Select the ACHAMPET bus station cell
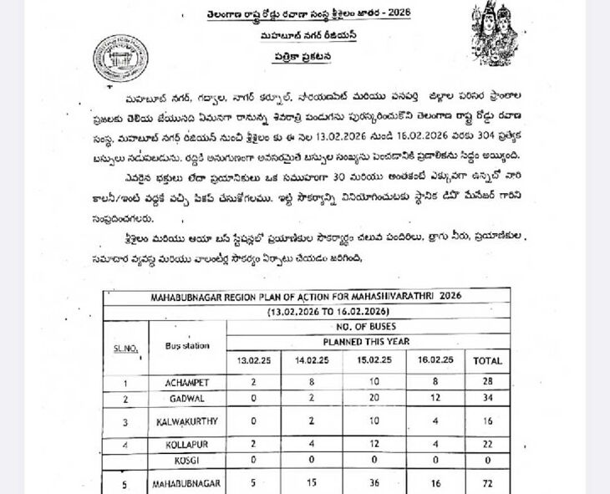pyautogui.click(x=186, y=383)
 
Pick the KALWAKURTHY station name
pyautogui.click(x=186, y=422)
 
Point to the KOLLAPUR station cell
pyautogui.click(x=186, y=444)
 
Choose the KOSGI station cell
pyautogui.click(x=186, y=461)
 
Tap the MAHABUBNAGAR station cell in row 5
pyautogui.click(x=186, y=484)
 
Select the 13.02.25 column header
pyautogui.click(x=253, y=360)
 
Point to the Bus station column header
pyautogui.click(x=186, y=344)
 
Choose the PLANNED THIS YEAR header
pyautogui.click(x=368, y=342)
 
